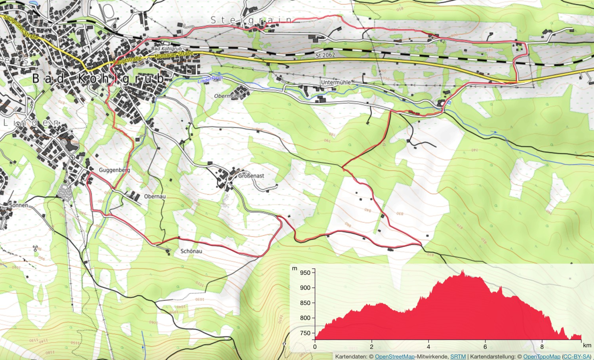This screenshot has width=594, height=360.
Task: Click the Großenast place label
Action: (251, 175)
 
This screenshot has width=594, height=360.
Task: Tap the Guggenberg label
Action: (114, 170)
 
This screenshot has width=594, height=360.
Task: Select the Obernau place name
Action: (155, 196)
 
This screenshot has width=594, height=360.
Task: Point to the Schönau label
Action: (191, 251)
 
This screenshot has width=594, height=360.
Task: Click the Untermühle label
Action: (336, 82)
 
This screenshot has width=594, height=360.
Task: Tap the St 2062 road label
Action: (325, 55)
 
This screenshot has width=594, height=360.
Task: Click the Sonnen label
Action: (18, 205)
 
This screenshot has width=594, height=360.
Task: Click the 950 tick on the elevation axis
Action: (305, 272)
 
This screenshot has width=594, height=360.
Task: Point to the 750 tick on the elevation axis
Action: (305, 333)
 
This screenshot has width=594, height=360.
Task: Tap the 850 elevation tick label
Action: (305, 303)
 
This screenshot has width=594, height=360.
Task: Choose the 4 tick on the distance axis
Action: (428, 347)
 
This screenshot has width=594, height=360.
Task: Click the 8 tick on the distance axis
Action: (542, 347)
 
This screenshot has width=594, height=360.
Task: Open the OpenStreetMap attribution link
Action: (394, 357)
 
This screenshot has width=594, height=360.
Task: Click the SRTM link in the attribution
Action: (458, 357)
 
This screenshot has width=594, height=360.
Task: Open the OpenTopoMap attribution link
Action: (542, 357)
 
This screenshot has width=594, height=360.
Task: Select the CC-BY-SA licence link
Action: (576, 357)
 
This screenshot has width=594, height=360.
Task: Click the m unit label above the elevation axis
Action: (294, 269)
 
